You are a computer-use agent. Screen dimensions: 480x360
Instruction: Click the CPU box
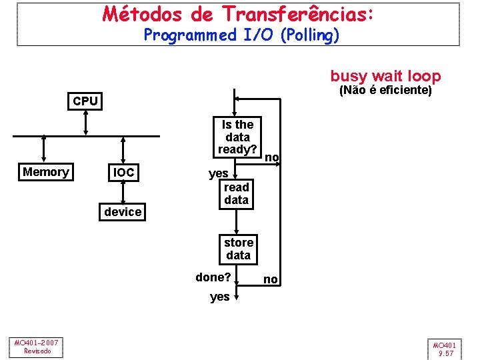coord(85,101)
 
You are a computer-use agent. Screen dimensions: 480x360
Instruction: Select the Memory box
coord(45,172)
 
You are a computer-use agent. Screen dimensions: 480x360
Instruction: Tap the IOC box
coord(123,173)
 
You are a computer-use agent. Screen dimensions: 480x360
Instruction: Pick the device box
coord(123,212)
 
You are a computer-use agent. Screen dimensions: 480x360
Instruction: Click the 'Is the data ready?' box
coord(238,137)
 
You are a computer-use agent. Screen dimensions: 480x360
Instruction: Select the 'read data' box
coord(236,193)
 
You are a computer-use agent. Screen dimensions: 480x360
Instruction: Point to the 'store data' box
coord(238,249)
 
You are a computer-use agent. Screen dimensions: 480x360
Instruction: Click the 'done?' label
coord(213,277)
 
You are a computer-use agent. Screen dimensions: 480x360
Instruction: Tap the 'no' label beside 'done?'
coord(271,280)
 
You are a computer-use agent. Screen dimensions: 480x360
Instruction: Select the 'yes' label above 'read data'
coord(219,173)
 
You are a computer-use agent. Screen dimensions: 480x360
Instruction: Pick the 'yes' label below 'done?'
coord(219,297)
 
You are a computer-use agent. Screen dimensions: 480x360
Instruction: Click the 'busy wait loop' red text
coord(385,76)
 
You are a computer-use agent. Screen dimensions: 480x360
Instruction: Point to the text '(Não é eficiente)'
coord(386,90)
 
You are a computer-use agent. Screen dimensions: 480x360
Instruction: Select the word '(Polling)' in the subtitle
coord(310,35)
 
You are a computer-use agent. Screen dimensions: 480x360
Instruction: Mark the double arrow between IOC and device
coord(123,192)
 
